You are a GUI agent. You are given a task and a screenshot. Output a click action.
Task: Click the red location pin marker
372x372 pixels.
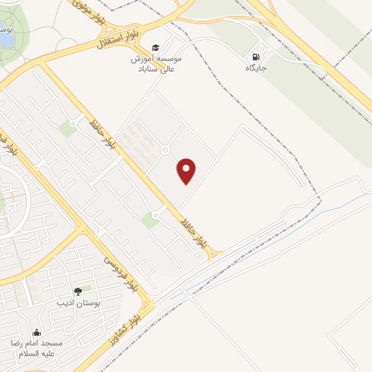[187, 171]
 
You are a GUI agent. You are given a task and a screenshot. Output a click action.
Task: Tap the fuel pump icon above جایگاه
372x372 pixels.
[255, 57]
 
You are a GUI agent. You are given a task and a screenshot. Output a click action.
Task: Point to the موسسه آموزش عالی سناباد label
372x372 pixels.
[159, 63]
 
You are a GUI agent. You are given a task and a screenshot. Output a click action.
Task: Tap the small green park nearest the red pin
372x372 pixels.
[150, 220]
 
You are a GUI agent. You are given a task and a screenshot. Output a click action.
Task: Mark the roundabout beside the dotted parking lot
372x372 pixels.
[166, 150]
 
